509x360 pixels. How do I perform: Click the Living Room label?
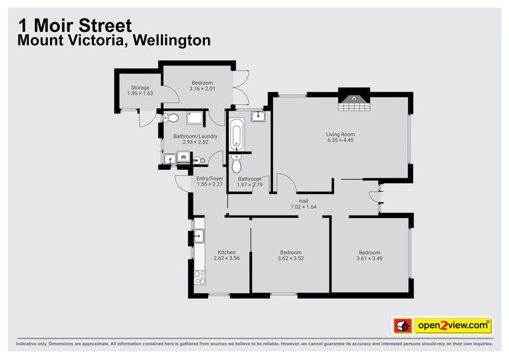(340, 134)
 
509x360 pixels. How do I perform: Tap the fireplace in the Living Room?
(353, 102)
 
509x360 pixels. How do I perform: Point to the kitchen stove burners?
(200, 277)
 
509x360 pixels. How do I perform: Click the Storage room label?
(140, 88)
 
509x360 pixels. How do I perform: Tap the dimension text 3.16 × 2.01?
(202, 88)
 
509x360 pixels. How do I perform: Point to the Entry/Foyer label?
(209, 179)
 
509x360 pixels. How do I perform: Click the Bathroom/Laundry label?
(195, 136)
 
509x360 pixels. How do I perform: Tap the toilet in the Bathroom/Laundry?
(167, 118)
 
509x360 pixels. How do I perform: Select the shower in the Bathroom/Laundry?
(193, 117)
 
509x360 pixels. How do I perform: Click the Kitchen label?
(227, 253)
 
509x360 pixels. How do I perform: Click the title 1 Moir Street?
(74, 25)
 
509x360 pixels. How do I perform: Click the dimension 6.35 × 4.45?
(340, 141)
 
